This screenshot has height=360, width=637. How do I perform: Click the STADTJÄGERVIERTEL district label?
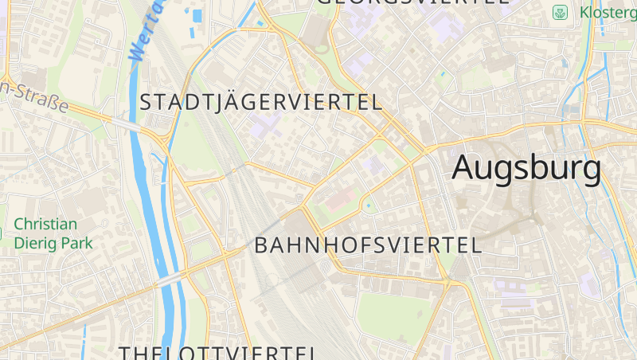tap(261, 102)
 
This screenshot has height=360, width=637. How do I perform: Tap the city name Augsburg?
tap(526, 168)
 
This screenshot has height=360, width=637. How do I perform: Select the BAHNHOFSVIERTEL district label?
tap(368, 245)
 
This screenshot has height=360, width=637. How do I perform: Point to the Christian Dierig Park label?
tap(53, 234)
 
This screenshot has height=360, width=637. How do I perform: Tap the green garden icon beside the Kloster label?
tap(561, 13)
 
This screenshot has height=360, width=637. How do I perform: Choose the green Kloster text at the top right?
tap(608, 13)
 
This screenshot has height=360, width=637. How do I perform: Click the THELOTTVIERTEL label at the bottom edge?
tap(219, 352)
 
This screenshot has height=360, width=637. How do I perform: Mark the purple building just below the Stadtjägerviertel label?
tap(264, 126)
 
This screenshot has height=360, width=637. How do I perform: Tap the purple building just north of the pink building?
tap(372, 166)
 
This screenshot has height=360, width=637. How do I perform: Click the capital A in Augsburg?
tap(467, 168)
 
